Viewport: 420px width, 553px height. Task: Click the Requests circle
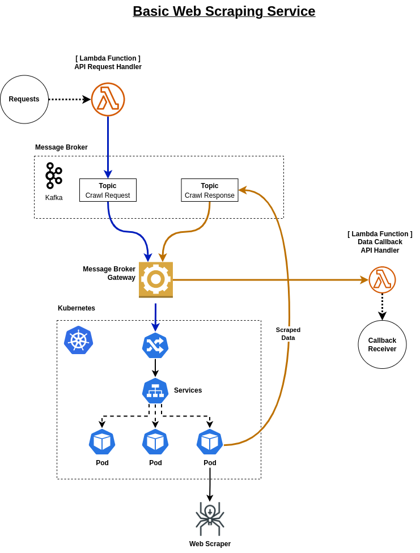(x=24, y=99)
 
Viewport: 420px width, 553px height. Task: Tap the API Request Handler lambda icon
(x=108, y=99)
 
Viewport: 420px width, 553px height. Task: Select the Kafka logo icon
(x=53, y=176)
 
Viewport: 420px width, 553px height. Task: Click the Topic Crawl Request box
(x=108, y=190)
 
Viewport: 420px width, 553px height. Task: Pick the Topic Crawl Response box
(x=210, y=190)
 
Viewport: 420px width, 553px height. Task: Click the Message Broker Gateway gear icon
(x=155, y=279)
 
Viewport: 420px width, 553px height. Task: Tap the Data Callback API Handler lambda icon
(x=382, y=280)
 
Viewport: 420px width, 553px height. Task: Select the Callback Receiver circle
(x=382, y=344)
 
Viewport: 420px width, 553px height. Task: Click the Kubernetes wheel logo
(x=78, y=341)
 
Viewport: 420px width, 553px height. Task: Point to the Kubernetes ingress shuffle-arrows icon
(x=155, y=345)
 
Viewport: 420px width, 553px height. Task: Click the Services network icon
(x=155, y=390)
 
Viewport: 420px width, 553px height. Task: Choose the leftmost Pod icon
(x=102, y=442)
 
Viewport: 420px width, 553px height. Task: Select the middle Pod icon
(x=155, y=442)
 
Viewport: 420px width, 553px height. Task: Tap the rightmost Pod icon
(x=210, y=442)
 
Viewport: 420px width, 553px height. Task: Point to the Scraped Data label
(x=288, y=334)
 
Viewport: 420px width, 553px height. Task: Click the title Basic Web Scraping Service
(x=224, y=11)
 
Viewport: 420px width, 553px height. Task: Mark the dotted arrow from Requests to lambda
(x=68, y=99)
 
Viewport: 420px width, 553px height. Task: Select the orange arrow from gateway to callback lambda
(x=266, y=280)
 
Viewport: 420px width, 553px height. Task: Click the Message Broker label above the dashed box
(x=61, y=147)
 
